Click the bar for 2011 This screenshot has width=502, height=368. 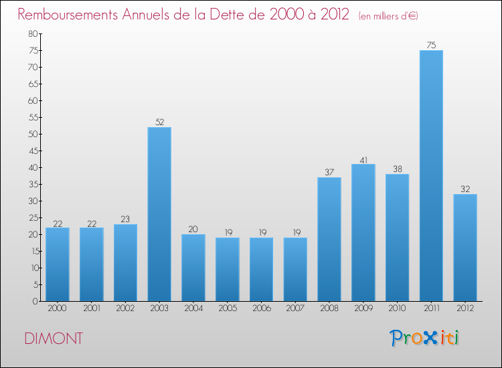point(431,175)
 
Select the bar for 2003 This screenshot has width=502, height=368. point(159,214)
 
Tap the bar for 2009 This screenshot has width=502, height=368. point(363,232)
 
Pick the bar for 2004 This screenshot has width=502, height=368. point(193,268)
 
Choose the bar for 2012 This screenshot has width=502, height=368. point(465,248)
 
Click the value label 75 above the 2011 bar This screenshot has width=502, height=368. point(431,45)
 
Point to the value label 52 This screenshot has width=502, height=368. point(159,122)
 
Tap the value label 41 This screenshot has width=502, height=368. point(363,159)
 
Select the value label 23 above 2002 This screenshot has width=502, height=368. point(125,219)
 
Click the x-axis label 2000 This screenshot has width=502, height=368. point(58,308)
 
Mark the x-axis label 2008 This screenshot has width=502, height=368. point(329,308)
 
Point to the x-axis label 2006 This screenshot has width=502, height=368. point(261,308)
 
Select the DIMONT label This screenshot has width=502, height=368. point(54,339)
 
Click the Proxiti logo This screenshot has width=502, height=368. point(426,338)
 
